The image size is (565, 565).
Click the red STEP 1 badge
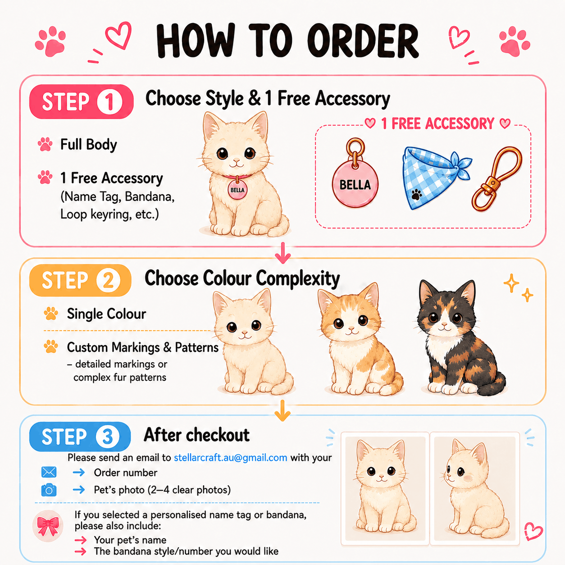click(81, 101)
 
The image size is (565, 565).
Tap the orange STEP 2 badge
click(80, 280)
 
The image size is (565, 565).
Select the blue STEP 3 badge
click(80, 436)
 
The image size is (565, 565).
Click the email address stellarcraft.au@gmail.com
click(230, 458)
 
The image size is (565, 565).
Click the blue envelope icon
click(49, 472)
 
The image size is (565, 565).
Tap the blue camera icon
click(49, 490)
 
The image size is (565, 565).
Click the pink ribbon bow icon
click(48, 526)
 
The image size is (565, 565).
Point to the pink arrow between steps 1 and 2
click(283, 253)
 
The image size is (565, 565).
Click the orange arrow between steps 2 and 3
click(282, 410)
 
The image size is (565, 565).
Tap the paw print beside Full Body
click(45, 144)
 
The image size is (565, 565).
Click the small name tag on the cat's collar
click(237, 190)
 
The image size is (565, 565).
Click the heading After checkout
click(196, 435)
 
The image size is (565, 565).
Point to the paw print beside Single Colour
click(51, 314)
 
